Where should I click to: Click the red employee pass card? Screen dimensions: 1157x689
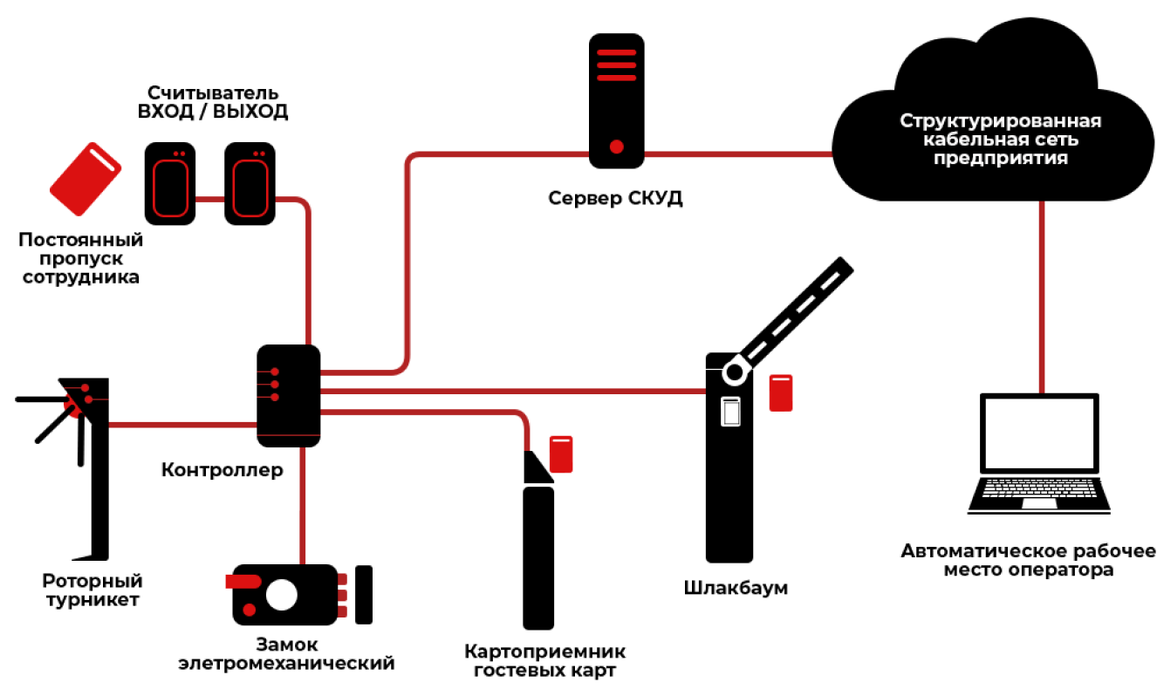(86, 179)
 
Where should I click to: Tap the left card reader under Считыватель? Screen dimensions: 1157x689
(170, 184)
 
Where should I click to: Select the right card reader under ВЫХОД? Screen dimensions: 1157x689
(250, 184)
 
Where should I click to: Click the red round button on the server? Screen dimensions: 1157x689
(616, 147)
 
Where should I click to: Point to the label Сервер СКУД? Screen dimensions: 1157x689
(615, 198)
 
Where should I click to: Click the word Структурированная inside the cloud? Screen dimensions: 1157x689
(1001, 120)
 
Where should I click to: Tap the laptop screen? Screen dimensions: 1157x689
(1039, 433)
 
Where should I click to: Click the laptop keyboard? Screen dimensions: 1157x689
(1038, 488)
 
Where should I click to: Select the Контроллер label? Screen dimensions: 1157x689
(222, 470)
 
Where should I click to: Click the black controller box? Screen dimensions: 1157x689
(288, 395)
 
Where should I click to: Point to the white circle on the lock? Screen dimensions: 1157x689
(282, 595)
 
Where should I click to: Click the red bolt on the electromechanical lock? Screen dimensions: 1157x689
(243, 581)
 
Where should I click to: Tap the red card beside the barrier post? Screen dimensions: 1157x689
(780, 392)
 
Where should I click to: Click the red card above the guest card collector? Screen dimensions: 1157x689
(561, 454)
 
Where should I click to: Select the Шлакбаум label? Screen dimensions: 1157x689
(736, 588)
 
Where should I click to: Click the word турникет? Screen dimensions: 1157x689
(93, 600)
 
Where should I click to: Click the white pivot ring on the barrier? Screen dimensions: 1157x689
(734, 372)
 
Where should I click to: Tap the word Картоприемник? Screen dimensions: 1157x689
(545, 651)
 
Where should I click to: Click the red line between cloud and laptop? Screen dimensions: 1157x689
(1042, 297)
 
